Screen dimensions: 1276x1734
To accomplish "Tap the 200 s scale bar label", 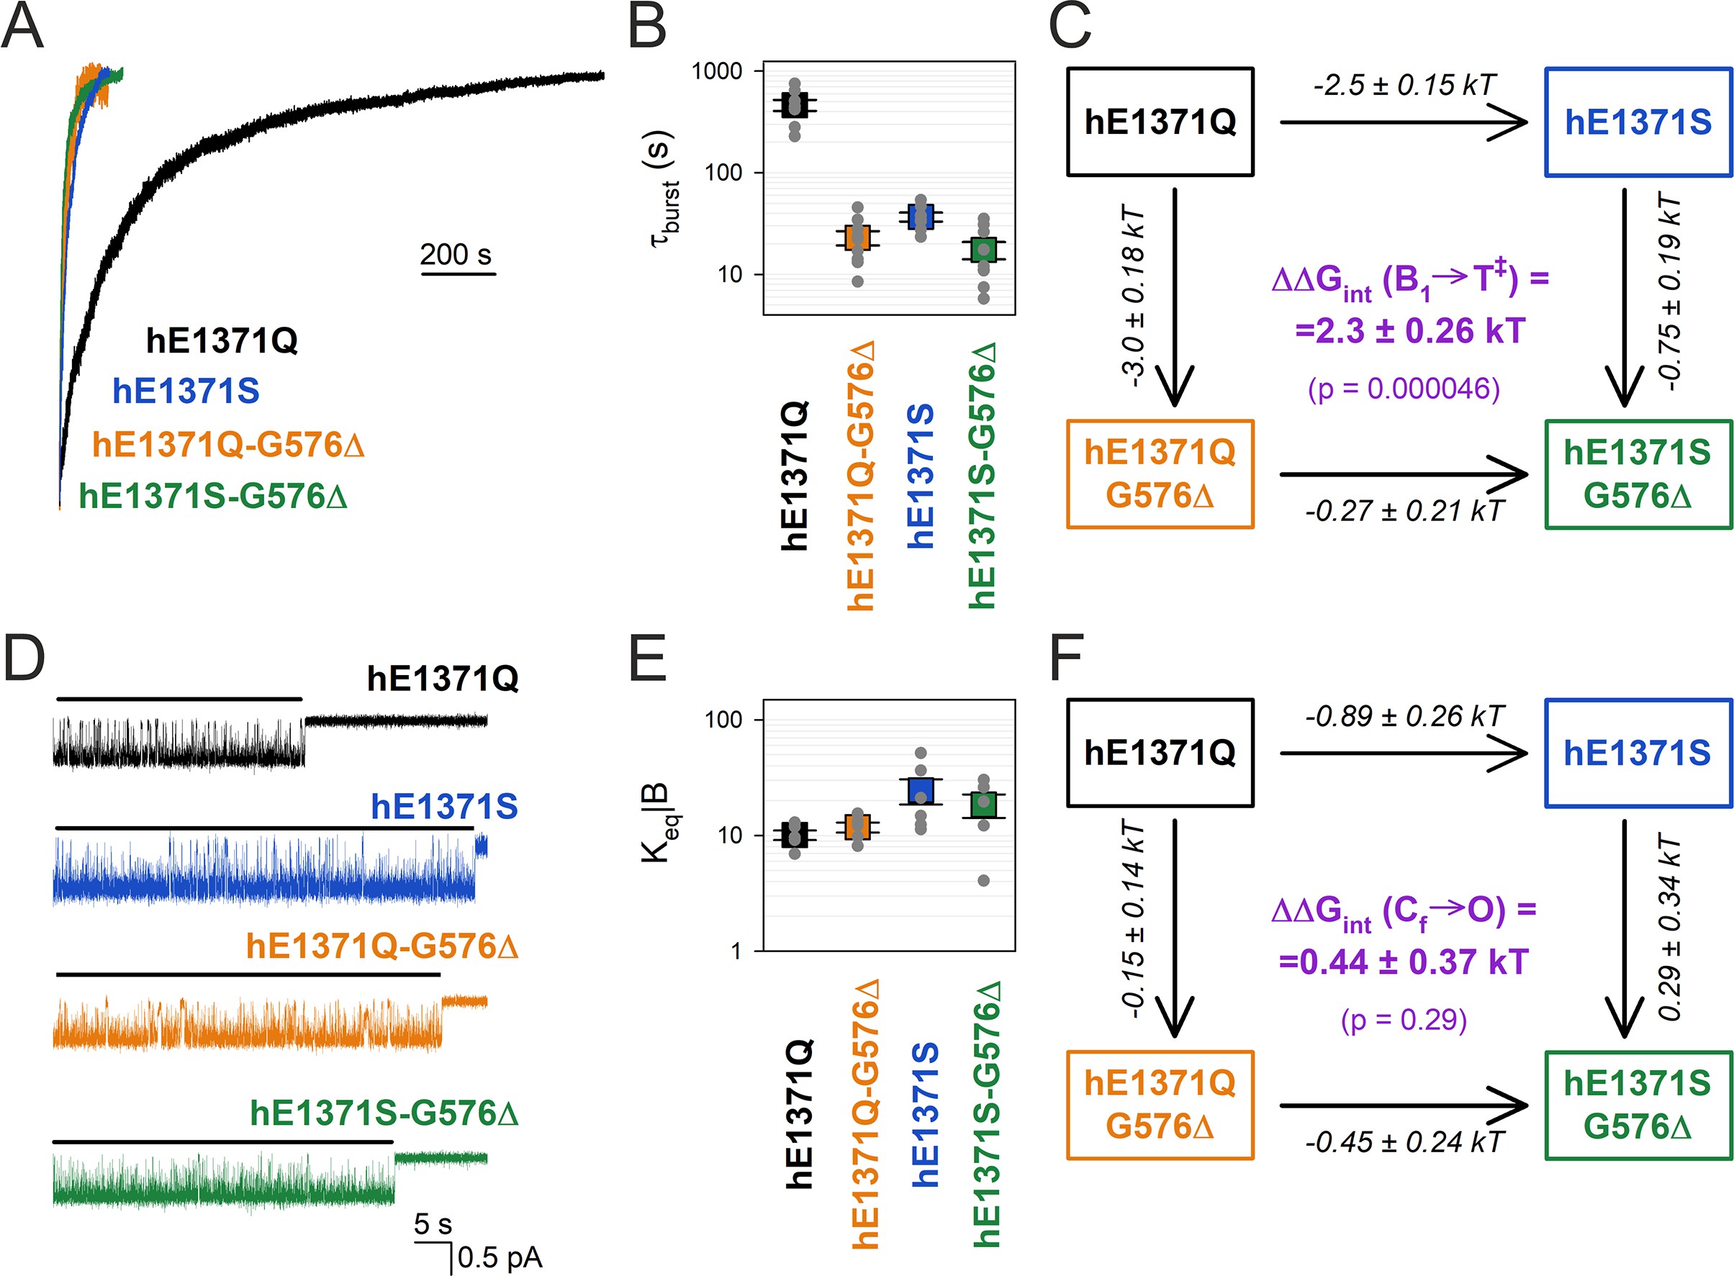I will coord(456,254).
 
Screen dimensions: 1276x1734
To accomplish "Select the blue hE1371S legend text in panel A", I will coord(186,391).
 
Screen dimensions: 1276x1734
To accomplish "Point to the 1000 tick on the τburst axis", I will coord(716,71).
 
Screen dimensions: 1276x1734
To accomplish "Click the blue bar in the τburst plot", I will coord(920,217).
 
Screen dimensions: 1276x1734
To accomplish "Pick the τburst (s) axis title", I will coord(663,189).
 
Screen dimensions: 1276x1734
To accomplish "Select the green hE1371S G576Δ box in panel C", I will coord(1638,474).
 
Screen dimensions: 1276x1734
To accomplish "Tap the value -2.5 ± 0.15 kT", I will coord(1404,85).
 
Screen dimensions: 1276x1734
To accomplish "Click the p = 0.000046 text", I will coord(1404,389).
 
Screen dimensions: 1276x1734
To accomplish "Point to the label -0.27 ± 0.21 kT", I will coord(1404,510).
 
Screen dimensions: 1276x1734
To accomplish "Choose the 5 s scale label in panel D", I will coord(433,1223).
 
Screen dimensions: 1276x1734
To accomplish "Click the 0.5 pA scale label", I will coord(500,1257).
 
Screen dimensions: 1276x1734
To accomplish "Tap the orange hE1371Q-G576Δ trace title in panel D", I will coord(381,946).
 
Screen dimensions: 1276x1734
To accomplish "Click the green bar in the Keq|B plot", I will coord(983,805).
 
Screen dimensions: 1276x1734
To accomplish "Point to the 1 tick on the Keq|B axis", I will coord(736,951).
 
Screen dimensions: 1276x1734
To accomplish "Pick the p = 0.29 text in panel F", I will coord(1404,1020).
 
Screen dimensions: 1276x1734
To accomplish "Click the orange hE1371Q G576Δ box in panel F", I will coord(1160,1105).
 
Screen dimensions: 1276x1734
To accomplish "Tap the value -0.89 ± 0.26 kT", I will coord(1404,716).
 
